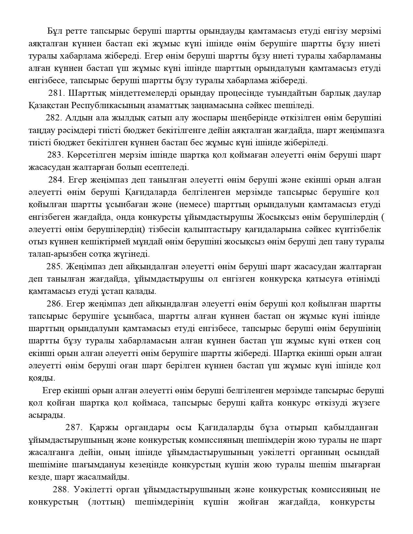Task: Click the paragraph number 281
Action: [x=57, y=93]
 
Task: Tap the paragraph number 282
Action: [x=54, y=118]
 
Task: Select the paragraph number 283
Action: [x=56, y=155]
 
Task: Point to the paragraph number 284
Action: [x=57, y=180]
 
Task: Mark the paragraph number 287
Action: [x=74, y=428]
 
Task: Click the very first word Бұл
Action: [x=54, y=31]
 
